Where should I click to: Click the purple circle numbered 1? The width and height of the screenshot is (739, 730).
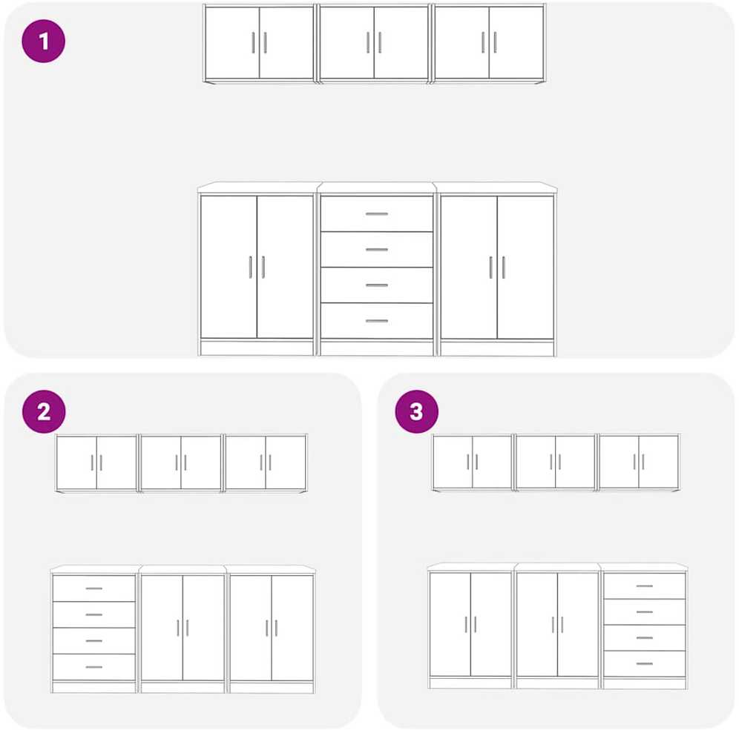[43, 41]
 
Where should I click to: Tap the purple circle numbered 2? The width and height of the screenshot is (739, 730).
[44, 411]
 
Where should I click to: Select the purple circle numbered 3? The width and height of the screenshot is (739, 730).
[417, 411]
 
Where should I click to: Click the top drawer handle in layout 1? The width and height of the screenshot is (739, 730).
[377, 213]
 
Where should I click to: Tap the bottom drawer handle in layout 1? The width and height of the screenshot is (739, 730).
[377, 321]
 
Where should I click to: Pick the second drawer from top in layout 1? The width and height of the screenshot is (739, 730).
[377, 250]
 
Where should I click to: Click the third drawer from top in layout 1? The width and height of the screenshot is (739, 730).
[377, 285]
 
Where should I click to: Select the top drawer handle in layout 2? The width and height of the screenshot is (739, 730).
[93, 588]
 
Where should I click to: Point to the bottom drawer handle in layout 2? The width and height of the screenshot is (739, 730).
[93, 667]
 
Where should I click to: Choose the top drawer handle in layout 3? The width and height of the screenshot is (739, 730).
[644, 586]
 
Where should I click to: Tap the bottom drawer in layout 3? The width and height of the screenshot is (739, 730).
[644, 663]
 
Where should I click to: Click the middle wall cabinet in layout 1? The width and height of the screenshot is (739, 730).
[374, 43]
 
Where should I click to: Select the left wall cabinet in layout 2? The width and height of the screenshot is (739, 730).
[96, 463]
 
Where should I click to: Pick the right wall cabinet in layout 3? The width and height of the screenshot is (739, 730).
[639, 462]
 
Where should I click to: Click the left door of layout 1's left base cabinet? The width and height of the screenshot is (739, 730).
[229, 267]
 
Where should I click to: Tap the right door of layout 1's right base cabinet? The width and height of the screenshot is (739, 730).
[525, 267]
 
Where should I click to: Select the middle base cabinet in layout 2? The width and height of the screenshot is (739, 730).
[183, 629]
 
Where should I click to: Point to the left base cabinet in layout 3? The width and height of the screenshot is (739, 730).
[470, 626]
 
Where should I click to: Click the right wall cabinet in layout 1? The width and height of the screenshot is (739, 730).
[489, 43]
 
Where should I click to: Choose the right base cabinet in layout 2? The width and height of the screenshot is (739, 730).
[271, 629]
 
